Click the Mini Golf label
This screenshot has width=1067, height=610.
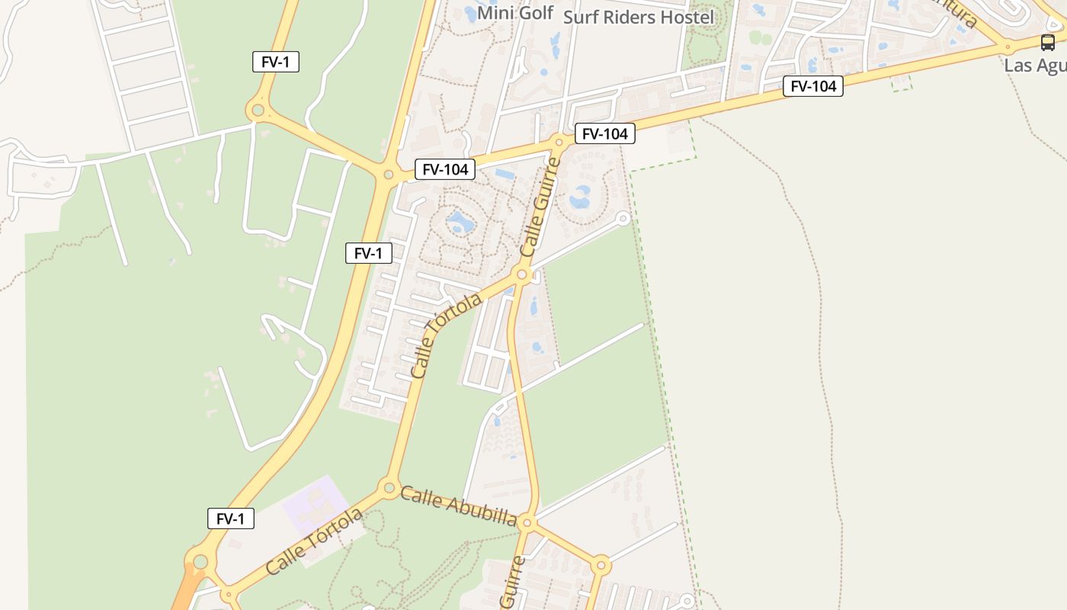(x=514, y=13)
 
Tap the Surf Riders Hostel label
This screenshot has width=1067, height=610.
(x=639, y=17)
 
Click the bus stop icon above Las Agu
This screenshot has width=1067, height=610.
(x=1048, y=42)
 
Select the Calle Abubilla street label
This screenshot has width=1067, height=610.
(x=458, y=506)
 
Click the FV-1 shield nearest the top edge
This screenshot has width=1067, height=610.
(x=276, y=63)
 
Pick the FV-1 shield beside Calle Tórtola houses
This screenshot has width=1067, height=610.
(x=369, y=253)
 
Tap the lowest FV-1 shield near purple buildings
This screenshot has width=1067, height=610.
(x=231, y=518)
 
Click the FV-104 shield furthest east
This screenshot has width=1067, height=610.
(x=813, y=86)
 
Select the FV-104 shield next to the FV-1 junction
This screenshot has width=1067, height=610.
(x=445, y=169)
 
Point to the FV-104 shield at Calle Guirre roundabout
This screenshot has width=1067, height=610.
(x=605, y=134)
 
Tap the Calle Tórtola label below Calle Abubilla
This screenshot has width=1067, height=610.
(x=314, y=542)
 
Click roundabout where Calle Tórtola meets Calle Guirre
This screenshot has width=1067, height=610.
(x=522, y=274)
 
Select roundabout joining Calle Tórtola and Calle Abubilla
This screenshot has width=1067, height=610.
(x=389, y=486)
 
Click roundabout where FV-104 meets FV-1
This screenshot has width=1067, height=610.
(x=389, y=175)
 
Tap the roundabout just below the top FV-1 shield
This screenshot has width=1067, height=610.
(x=258, y=111)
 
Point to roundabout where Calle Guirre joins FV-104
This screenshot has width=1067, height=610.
(x=559, y=142)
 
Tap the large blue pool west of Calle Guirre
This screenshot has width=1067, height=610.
(x=460, y=223)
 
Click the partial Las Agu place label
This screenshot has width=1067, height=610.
(x=1035, y=65)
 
